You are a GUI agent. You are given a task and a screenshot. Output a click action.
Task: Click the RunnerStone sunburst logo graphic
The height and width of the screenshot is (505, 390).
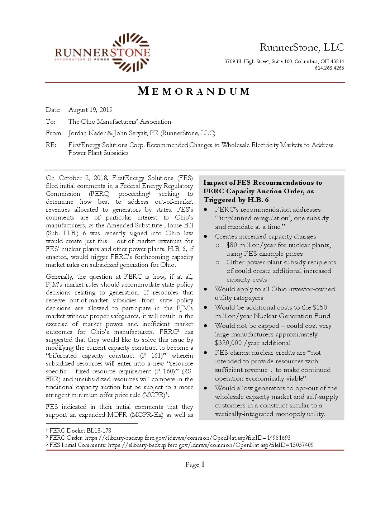point(131,52)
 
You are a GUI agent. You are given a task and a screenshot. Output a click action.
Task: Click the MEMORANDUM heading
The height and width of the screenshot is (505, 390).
point(194,91)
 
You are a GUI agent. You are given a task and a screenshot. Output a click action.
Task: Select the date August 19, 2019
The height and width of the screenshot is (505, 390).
point(90,110)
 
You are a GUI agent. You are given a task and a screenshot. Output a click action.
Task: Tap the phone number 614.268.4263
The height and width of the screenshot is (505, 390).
point(329,68)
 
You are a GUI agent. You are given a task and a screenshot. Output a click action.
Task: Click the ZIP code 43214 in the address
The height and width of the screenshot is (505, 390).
point(337,61)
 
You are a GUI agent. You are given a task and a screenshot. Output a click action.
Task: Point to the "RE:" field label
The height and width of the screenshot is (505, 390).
point(51,145)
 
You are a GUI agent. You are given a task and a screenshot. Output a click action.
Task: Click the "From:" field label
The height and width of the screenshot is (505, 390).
point(54,133)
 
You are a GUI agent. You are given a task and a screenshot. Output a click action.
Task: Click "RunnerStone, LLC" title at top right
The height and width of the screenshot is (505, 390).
point(302,47)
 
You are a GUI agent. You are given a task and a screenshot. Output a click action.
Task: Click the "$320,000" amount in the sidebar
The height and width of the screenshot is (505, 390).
point(228,343)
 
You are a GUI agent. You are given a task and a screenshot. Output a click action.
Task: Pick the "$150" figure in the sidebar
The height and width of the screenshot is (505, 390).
point(320,307)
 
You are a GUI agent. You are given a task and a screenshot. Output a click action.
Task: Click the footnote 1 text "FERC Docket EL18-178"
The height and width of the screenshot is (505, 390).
point(80,430)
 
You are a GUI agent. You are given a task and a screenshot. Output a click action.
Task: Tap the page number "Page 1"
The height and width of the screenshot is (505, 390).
point(195,464)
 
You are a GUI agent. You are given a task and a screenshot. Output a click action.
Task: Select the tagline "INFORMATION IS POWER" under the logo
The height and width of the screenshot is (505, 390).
point(82,60)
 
